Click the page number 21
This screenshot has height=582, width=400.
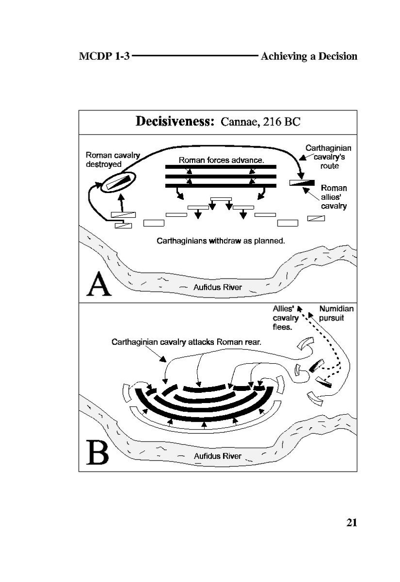351,523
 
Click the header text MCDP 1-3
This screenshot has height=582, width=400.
104,56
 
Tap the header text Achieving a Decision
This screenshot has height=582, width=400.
309,56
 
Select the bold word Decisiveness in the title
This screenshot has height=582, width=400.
175,121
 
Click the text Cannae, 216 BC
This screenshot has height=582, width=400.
261,122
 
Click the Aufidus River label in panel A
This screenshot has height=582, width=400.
217,287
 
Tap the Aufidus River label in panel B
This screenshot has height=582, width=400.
217,456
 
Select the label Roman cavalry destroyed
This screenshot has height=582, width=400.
112,159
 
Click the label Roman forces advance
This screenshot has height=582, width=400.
221,159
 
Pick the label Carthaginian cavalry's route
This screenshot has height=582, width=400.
328,157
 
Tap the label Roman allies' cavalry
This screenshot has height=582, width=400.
334,197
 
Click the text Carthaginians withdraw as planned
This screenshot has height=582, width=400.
220,241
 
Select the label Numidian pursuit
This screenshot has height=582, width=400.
336,313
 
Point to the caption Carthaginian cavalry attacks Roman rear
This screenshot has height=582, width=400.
187,342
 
